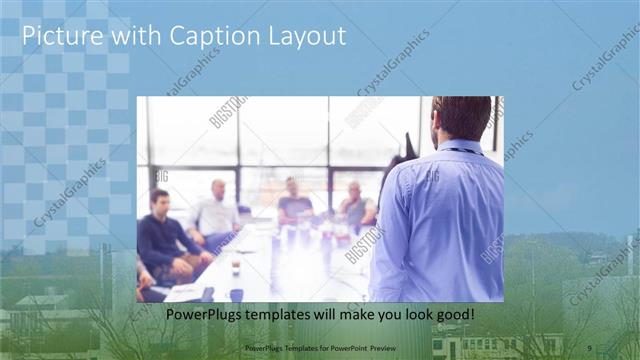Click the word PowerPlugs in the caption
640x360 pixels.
[x=207, y=315]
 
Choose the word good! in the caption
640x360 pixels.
[x=451, y=315]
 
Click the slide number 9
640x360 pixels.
[x=589, y=347]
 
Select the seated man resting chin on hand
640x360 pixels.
[x=354, y=204]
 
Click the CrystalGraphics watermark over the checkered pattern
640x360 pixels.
[x=70, y=192]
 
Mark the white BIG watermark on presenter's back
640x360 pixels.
[x=432, y=177]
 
